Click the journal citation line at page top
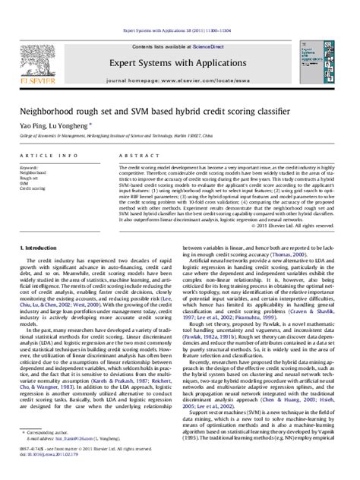pos(179,10)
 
